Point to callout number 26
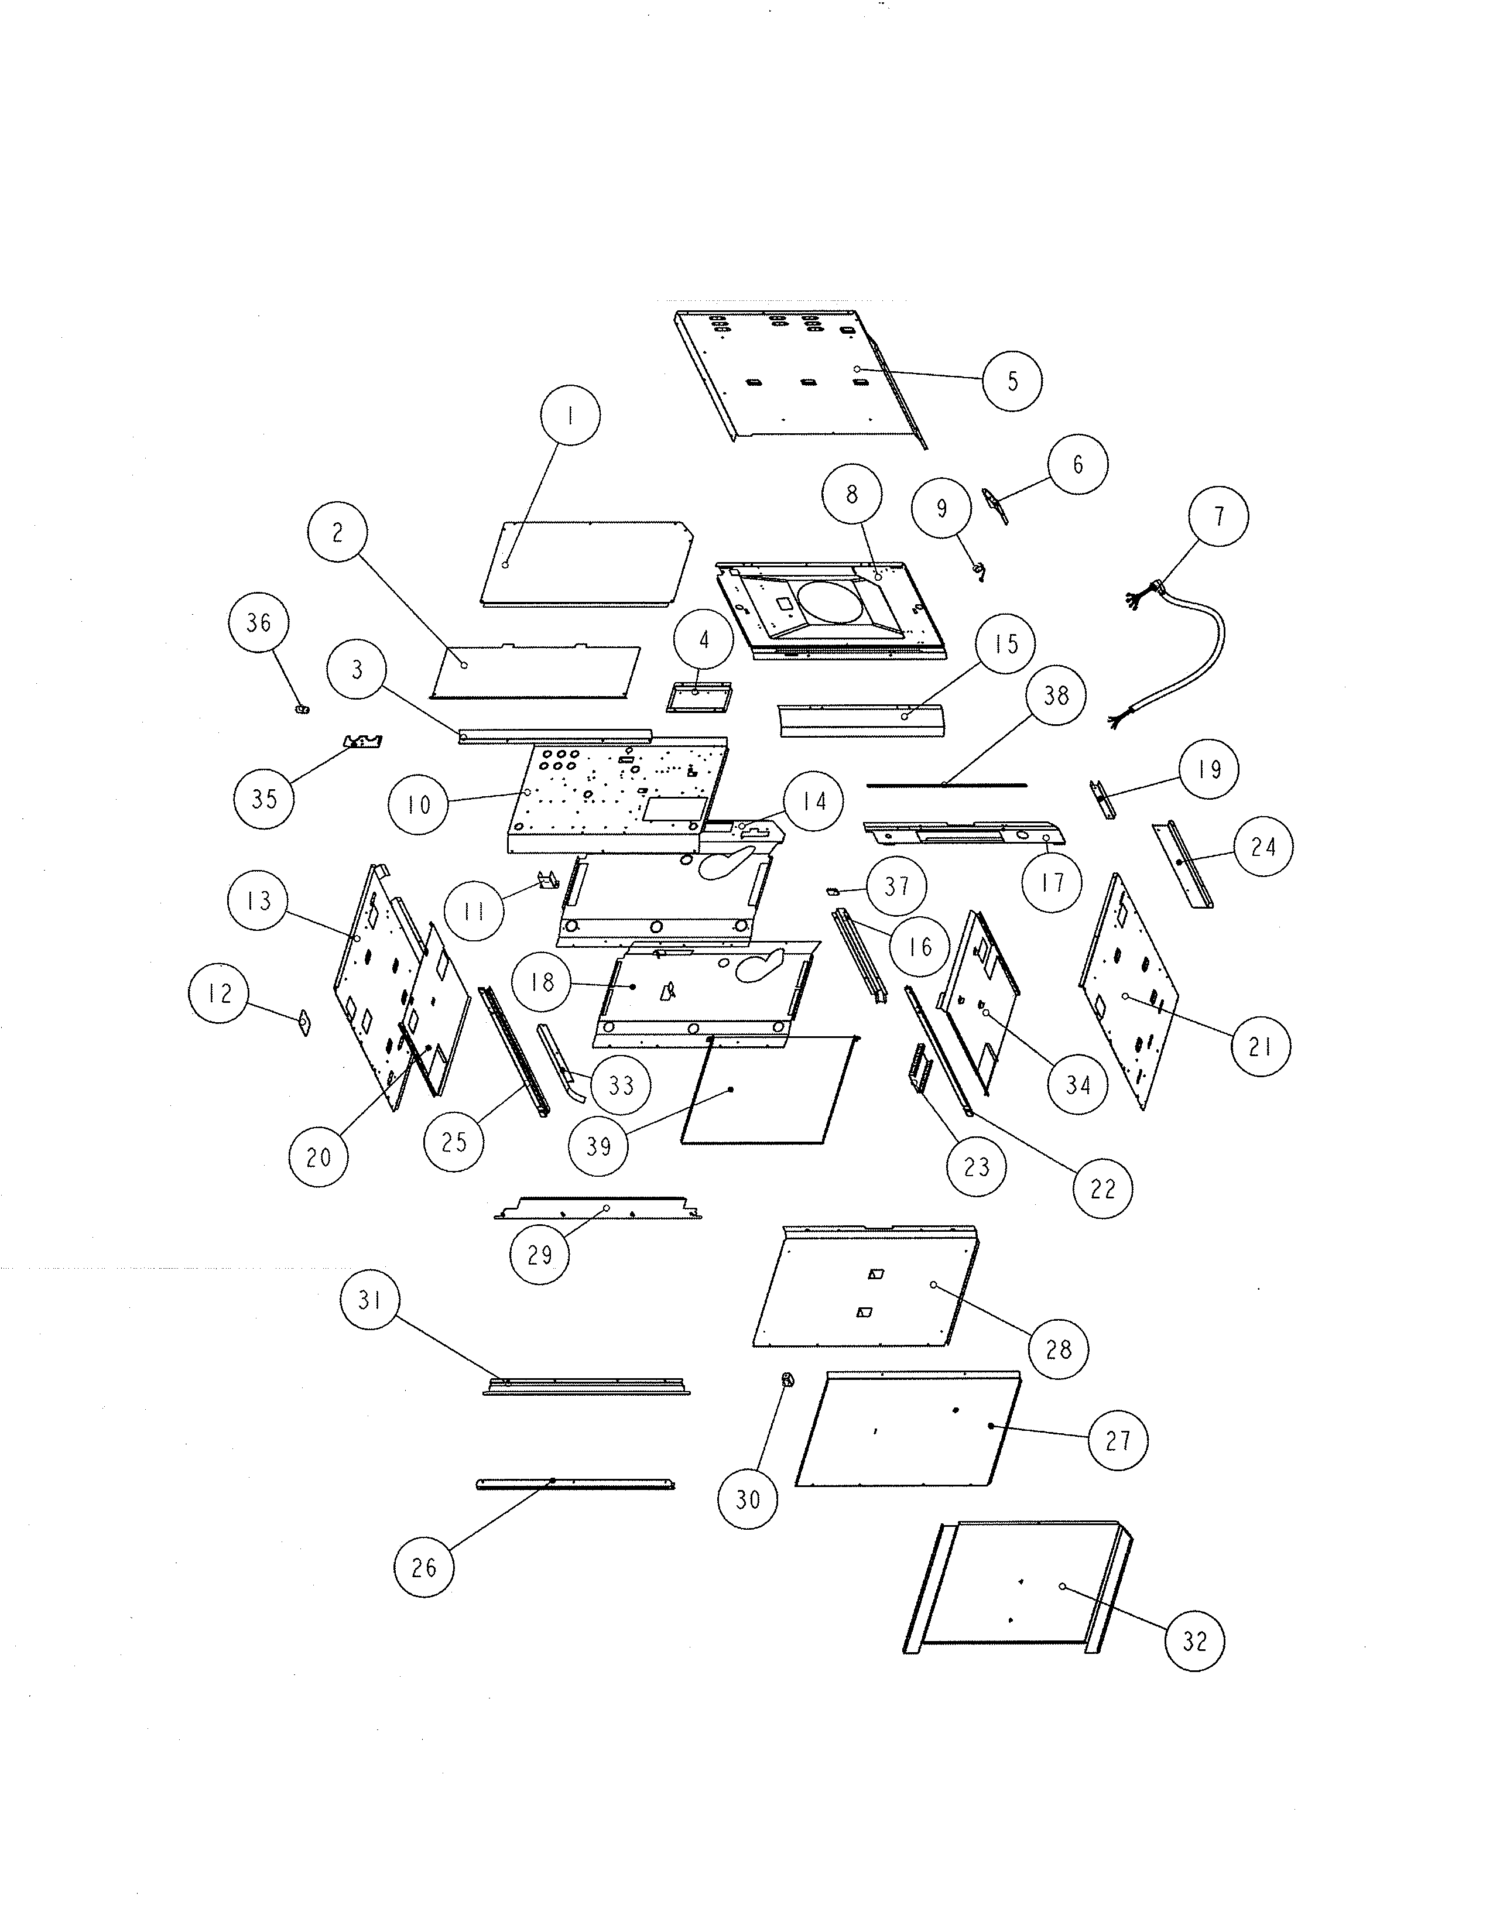coord(424,1567)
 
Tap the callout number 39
coord(599,1146)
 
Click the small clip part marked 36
coord(303,708)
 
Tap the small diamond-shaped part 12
coord(304,1023)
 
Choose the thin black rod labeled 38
coord(946,784)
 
